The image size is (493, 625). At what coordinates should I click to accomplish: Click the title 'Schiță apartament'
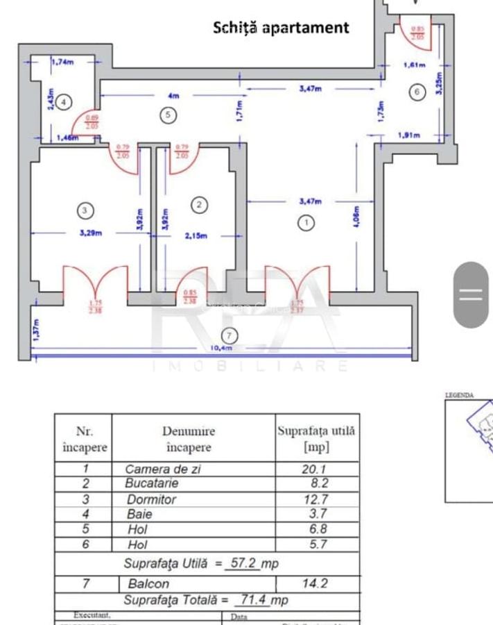tap(281, 28)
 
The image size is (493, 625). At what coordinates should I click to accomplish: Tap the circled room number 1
tap(305, 223)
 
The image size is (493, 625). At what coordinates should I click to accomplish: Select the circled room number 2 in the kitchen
tap(199, 205)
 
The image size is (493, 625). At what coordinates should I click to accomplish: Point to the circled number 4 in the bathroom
tap(63, 102)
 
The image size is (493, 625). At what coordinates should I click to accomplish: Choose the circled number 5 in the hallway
tap(168, 115)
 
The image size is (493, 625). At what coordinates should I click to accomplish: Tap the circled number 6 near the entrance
tap(416, 92)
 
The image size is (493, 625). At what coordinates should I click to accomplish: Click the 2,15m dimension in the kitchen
tap(196, 235)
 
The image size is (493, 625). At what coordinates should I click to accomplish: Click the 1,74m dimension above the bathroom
tap(62, 62)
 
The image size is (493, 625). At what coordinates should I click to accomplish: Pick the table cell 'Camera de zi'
tap(163, 469)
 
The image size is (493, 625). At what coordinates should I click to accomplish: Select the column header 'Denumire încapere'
tap(189, 439)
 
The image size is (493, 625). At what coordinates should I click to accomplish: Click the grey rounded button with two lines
tap(471, 294)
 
